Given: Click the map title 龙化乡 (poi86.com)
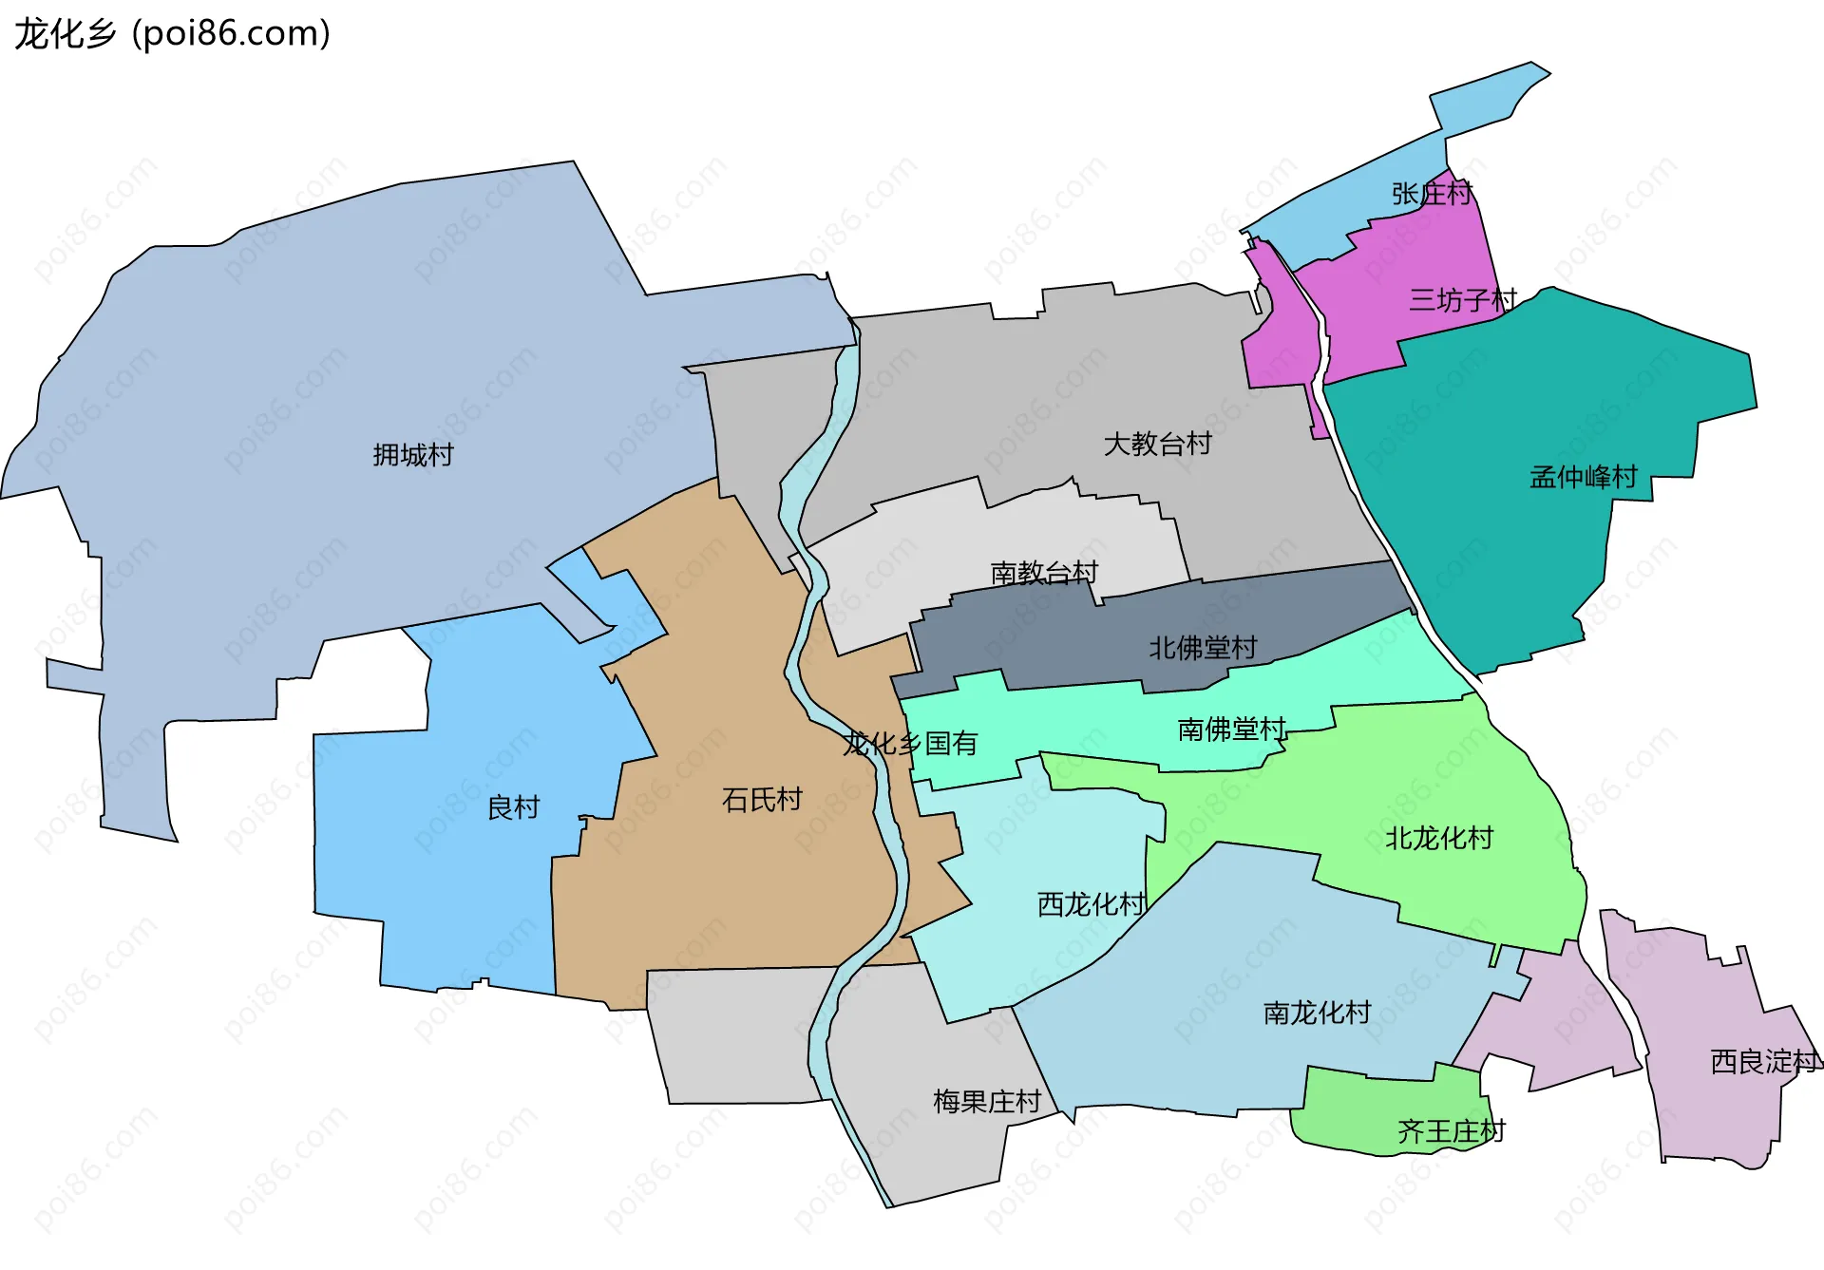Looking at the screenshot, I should click(172, 33).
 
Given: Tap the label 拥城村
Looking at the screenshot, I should click(413, 455).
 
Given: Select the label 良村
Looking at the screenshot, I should click(513, 807).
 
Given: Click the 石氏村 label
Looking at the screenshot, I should click(762, 800).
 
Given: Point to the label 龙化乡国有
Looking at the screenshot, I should click(910, 743).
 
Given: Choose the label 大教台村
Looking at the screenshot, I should click(1157, 444).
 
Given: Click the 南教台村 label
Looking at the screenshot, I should click(1044, 573).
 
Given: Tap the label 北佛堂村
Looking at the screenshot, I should click(1203, 648).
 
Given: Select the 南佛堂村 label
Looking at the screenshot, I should click(1232, 730).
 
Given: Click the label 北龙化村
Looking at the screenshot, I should click(1439, 838).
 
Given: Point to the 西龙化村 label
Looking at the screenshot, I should click(1092, 903).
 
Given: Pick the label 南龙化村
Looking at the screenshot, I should click(1317, 1013).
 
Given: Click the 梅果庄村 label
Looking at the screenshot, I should click(987, 1102).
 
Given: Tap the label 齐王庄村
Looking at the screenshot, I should click(1451, 1131).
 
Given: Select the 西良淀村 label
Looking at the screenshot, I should click(1765, 1061).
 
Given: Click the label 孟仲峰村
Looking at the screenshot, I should click(1584, 477).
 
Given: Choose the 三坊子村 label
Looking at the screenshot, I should click(1463, 300).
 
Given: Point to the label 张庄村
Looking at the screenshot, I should click(1432, 194).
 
